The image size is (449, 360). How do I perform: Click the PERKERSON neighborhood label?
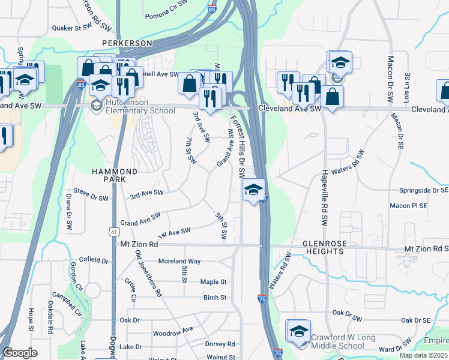click(x=127, y=43)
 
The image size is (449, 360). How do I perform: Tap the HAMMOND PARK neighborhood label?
click(x=115, y=175)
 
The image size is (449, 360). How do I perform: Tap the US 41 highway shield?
click(x=113, y=231)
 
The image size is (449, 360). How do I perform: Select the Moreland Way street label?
click(x=179, y=262)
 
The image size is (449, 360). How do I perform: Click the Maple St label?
click(x=213, y=281)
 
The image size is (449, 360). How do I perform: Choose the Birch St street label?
click(x=214, y=298)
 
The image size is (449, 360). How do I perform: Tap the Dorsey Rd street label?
click(x=220, y=344)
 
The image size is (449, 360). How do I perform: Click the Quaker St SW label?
click(x=71, y=27)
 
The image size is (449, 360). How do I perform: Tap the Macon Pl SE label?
click(x=408, y=205)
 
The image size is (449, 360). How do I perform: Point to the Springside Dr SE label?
click(x=423, y=190)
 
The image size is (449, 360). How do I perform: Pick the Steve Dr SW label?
click(x=91, y=197)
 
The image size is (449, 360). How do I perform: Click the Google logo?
click(x=20, y=353)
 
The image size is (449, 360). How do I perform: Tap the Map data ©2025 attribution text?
click(x=423, y=355)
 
